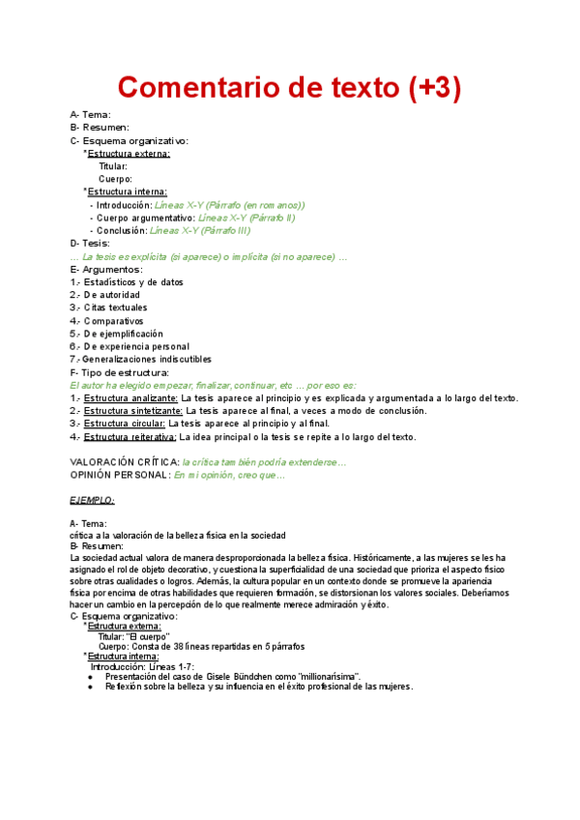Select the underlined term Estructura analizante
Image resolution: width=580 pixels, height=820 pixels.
[130, 397]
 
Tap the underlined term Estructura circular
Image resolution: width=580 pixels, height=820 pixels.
[126, 424]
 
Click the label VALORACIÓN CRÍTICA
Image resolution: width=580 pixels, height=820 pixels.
[125, 462]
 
